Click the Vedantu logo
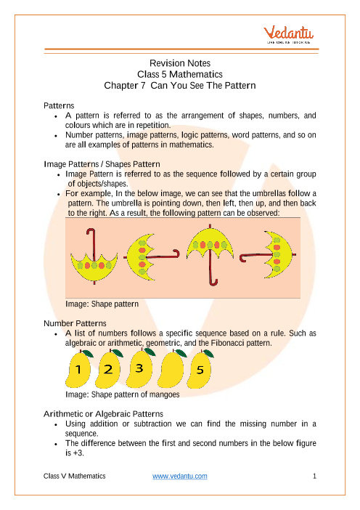[x=288, y=34]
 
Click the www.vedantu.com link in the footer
[x=180, y=476]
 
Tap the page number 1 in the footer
[x=314, y=476]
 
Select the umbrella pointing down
[x=94, y=257]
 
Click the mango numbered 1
[x=79, y=369]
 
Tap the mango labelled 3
[x=139, y=368]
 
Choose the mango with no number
[x=171, y=369]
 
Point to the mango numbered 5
[x=200, y=369]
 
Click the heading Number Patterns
[x=75, y=323]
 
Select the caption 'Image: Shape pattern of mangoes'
[x=123, y=394]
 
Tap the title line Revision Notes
[x=180, y=63]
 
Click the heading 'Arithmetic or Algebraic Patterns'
[x=103, y=413]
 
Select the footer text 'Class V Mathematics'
[x=75, y=476]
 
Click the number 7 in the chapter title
[x=143, y=86]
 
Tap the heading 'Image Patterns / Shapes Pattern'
[x=102, y=164]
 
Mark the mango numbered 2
[x=109, y=369]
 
